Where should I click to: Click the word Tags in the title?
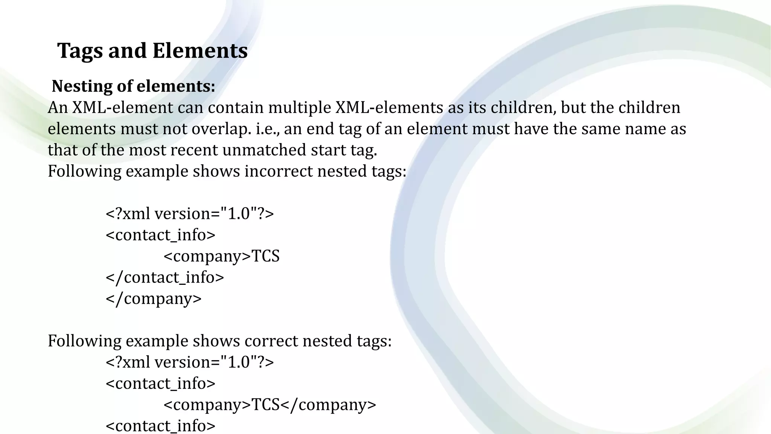[80, 51]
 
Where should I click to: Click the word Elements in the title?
[200, 51]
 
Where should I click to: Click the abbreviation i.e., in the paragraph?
[268, 129]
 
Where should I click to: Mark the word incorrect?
[278, 171]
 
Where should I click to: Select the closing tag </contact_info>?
[165, 278]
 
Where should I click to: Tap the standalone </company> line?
[154, 299]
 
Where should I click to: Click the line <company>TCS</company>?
[270, 405]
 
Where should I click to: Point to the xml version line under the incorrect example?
[190, 214]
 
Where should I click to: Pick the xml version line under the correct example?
[190, 362]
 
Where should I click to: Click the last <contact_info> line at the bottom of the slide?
[161, 426]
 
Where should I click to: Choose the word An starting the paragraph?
[58, 108]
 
